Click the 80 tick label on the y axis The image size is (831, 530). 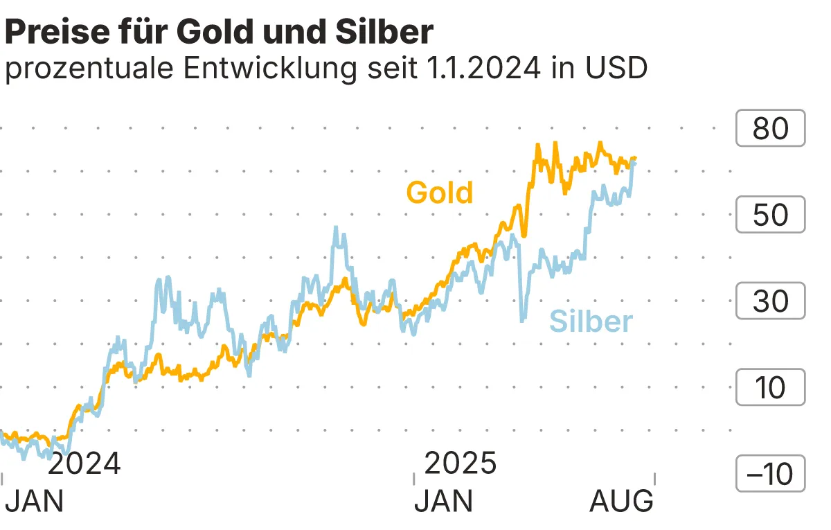[x=770, y=128]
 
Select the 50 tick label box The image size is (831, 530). [x=770, y=215]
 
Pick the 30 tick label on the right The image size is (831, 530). [x=770, y=301]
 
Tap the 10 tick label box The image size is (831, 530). [x=770, y=387]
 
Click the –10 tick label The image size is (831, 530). [x=770, y=474]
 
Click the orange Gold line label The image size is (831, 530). [x=440, y=193]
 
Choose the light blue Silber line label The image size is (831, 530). [x=591, y=321]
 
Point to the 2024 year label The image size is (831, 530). [x=84, y=463]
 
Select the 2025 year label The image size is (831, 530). [x=461, y=463]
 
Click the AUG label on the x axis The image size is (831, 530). [x=621, y=501]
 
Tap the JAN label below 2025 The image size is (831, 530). [x=444, y=501]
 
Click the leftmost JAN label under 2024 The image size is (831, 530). [x=34, y=501]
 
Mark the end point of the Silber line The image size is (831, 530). [x=634, y=161]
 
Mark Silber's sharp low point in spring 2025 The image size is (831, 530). [x=521, y=320]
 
